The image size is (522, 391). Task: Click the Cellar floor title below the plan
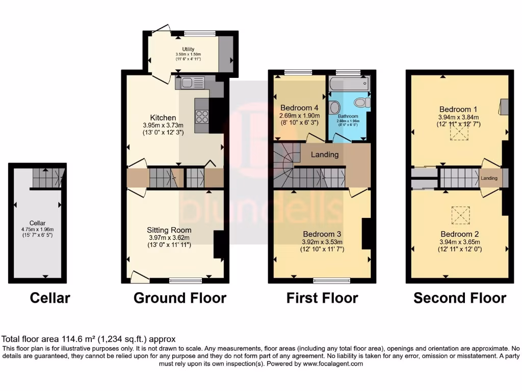pos(50,298)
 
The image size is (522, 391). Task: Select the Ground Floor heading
pos(179,298)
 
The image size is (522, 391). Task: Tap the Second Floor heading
pos(459,298)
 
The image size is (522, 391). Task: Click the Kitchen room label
pos(163,118)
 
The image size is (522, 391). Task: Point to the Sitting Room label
pos(169,230)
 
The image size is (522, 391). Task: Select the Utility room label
pos(189,49)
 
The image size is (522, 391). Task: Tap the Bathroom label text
pos(347,116)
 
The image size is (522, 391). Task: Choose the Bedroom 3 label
pos(322,235)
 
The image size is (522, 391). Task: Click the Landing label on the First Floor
pos(325,154)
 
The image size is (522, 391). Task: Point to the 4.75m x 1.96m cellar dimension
pos(37,230)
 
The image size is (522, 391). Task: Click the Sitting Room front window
pos(186,280)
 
